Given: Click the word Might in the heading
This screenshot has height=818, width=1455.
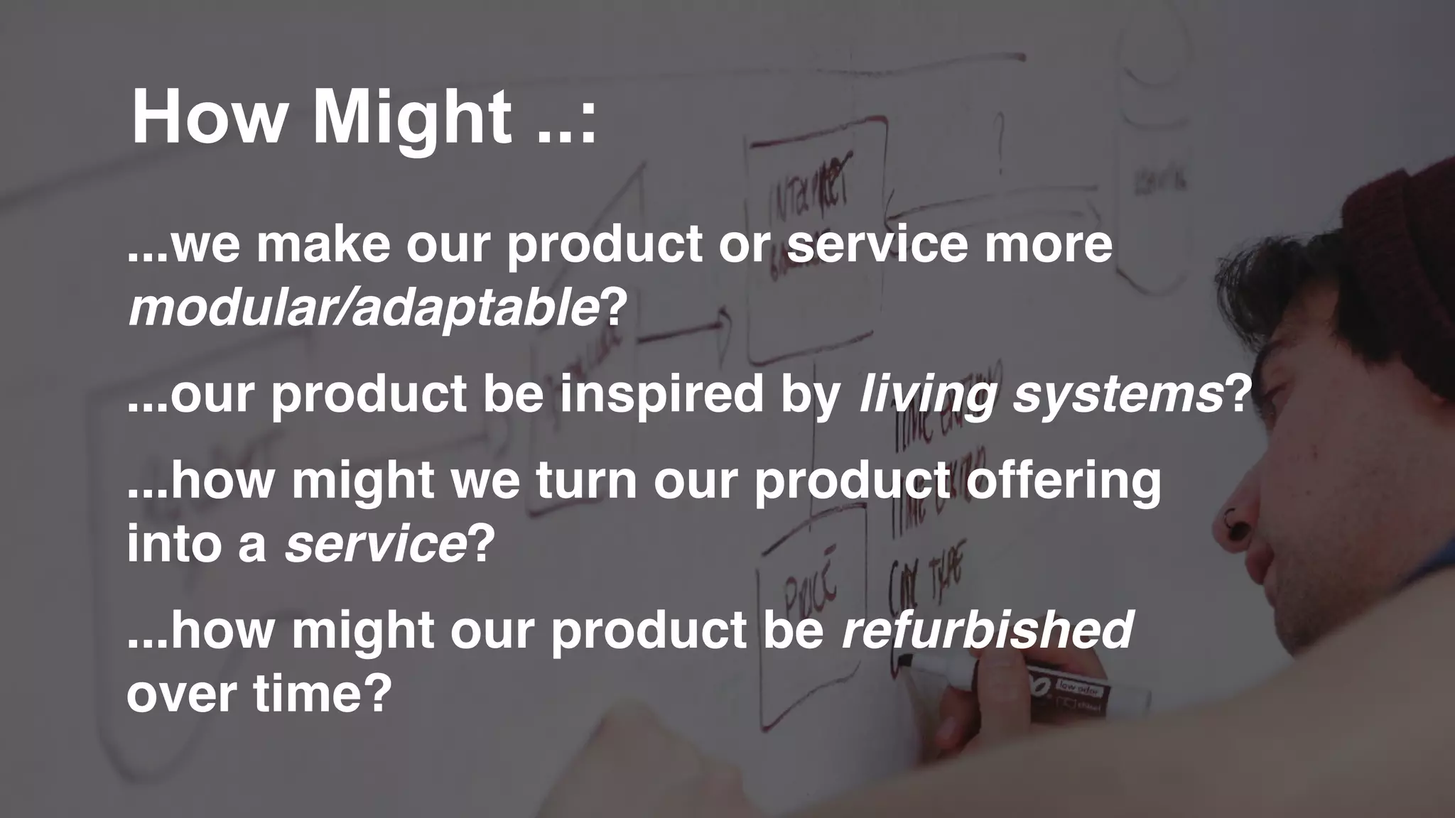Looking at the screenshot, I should pos(412,117).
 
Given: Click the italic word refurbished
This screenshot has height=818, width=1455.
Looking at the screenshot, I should pos(988,630).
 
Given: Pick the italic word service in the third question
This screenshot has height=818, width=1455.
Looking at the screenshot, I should pos(375,545).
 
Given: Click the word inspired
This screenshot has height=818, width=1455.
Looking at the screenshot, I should pos(661,394).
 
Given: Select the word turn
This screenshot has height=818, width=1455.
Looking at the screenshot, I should pos(587,481).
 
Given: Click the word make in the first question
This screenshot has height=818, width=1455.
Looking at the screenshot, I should pos(323,244).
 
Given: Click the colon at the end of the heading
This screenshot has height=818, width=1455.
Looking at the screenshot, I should pos(588,126).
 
